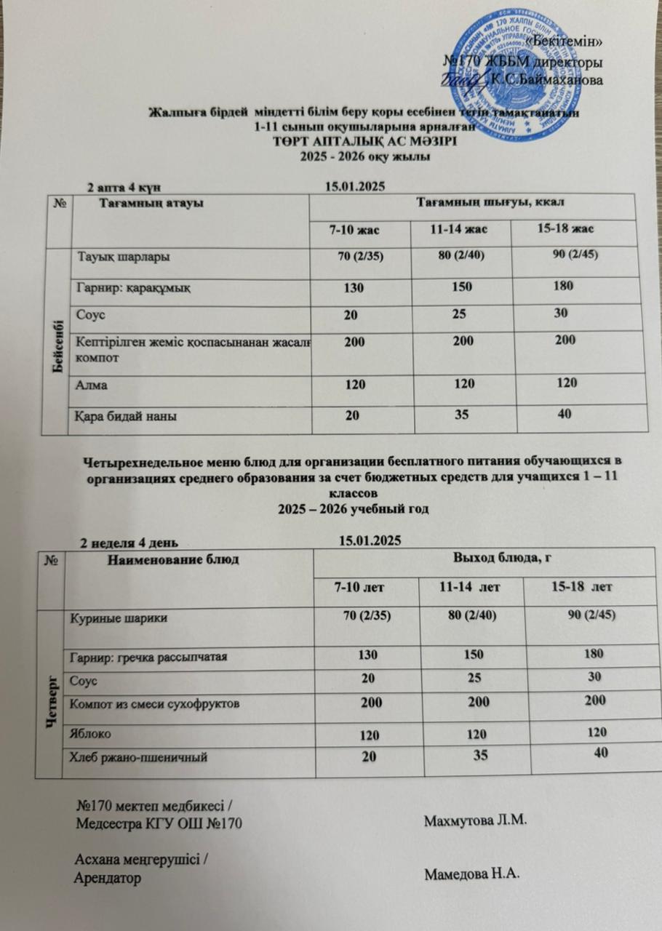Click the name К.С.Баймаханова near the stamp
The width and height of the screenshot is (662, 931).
click(x=546, y=79)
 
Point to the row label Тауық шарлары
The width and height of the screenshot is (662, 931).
click(x=125, y=257)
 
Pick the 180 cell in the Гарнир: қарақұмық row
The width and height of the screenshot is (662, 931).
click(x=562, y=286)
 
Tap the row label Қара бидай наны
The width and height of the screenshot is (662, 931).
click(x=127, y=416)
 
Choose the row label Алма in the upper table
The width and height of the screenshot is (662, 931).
click(x=92, y=385)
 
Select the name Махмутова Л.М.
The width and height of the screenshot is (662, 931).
click(x=474, y=820)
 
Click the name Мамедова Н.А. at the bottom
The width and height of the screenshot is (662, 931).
click(x=472, y=874)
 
